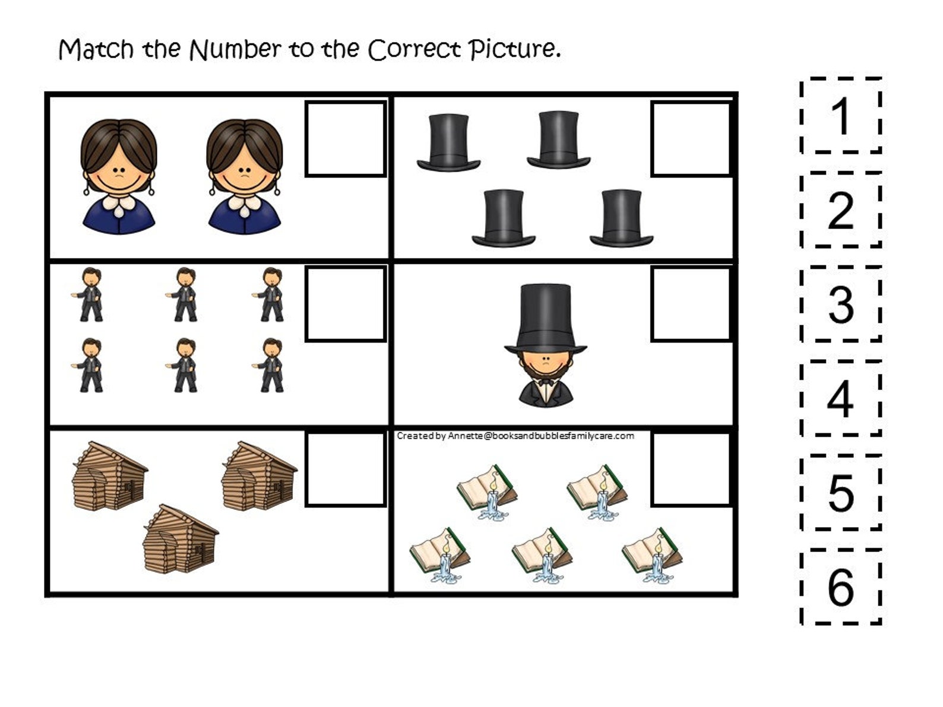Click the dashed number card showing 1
coord(840,115)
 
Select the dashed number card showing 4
coord(840,398)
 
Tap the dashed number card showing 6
coord(840,586)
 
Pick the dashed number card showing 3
coord(840,304)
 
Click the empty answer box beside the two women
coord(346,139)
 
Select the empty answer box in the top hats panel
coord(691,139)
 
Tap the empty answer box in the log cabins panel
coord(346,469)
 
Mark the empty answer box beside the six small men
coord(346,304)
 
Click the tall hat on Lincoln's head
coord(545,318)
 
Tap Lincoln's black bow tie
coord(545,383)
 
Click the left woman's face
coord(119,172)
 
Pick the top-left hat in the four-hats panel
coord(448,142)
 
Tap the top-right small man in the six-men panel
coord(271,294)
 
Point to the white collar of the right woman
coord(244,204)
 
